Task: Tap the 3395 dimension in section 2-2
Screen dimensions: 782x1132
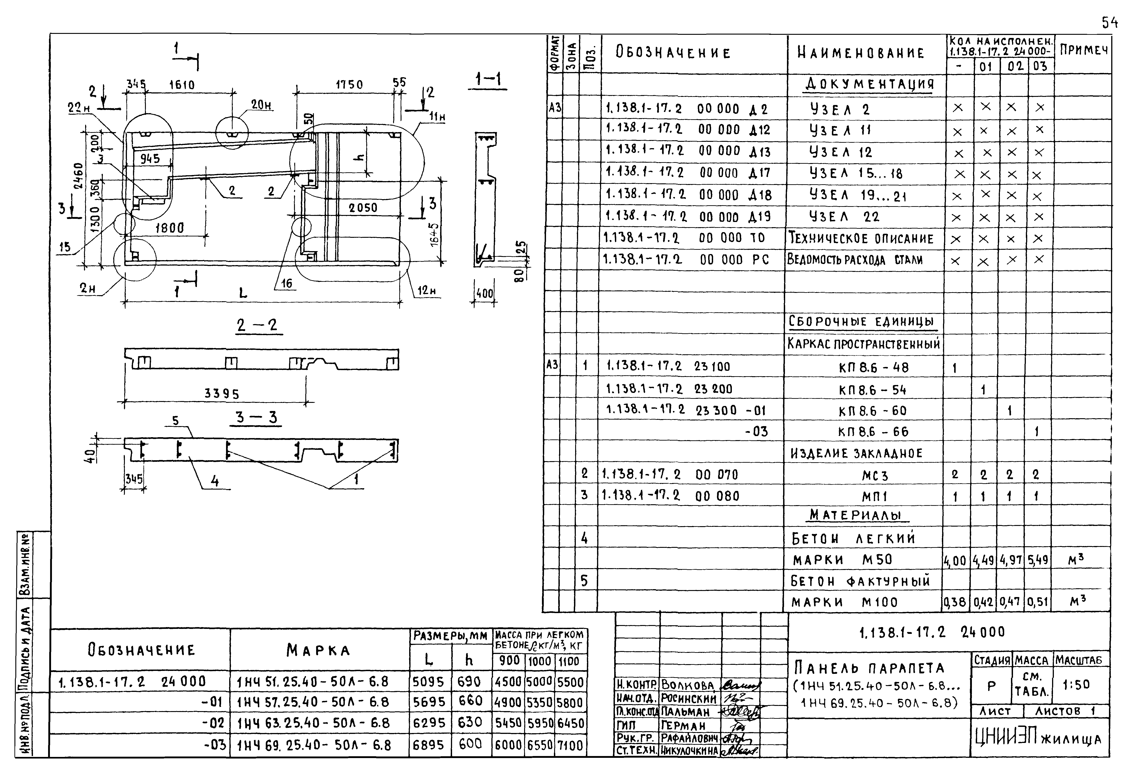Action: [222, 394]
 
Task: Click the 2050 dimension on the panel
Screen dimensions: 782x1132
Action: [363, 208]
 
